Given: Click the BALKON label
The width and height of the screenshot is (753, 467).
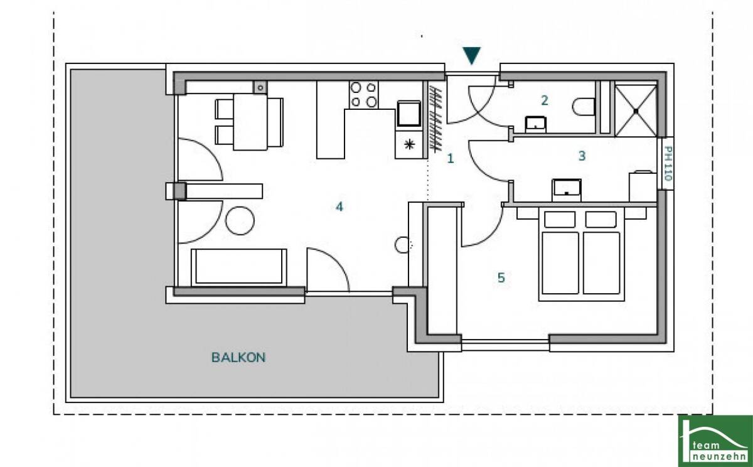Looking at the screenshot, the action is coord(238,357).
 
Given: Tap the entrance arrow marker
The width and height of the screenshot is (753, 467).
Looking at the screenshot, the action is coord(472,55).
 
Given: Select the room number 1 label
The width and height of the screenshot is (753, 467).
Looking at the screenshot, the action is coord(451,158).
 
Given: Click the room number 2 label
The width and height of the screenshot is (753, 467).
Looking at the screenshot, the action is coord(544,100).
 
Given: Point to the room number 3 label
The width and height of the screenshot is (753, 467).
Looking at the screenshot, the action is coord(582,156).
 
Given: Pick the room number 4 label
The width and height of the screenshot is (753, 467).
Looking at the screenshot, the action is coord(339,207).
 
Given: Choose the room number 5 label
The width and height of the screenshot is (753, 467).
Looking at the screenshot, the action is coord(501,277).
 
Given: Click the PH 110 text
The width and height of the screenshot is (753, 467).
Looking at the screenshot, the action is coord(668,163).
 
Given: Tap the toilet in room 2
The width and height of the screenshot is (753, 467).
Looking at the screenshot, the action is coord(584,107).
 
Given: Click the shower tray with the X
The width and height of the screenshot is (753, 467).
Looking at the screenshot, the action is coord(636,110).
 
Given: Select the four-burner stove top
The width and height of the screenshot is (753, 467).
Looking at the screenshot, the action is coord(363,95).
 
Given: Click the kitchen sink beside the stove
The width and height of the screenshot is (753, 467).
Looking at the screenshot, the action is coord(409,114).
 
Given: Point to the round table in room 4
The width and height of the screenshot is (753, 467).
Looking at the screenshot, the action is coord(240,221).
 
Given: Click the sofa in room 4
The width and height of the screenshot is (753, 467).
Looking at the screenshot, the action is coord(239,267).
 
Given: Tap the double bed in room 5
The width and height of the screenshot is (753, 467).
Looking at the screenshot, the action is coord(582,254).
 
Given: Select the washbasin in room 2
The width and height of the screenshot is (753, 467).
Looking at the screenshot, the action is coord(535,124).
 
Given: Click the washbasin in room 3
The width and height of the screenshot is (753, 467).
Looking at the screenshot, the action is coord(567,190).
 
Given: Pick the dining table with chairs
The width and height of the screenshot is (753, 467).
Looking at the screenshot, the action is coord(249,122).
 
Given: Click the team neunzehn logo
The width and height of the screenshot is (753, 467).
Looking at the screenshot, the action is coord(715,441).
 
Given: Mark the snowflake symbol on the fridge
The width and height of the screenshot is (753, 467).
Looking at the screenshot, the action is coord(409,144).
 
